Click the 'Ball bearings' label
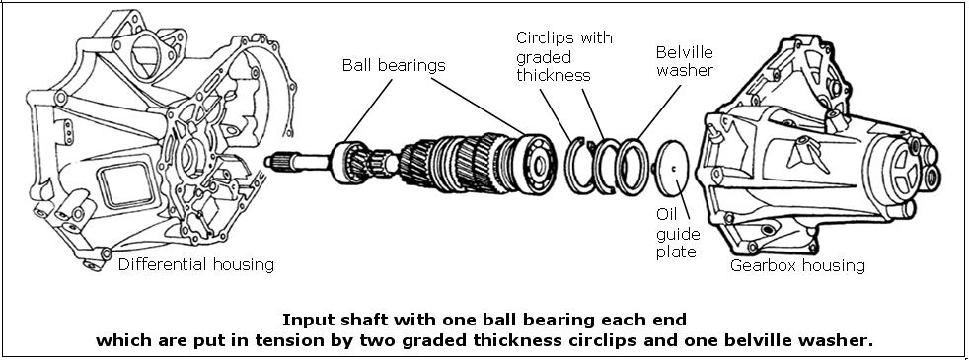pos(394,65)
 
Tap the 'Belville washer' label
pos(684,61)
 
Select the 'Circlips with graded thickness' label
pos(563,56)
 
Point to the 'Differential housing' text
pos(195,264)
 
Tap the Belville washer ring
pos(632,163)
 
